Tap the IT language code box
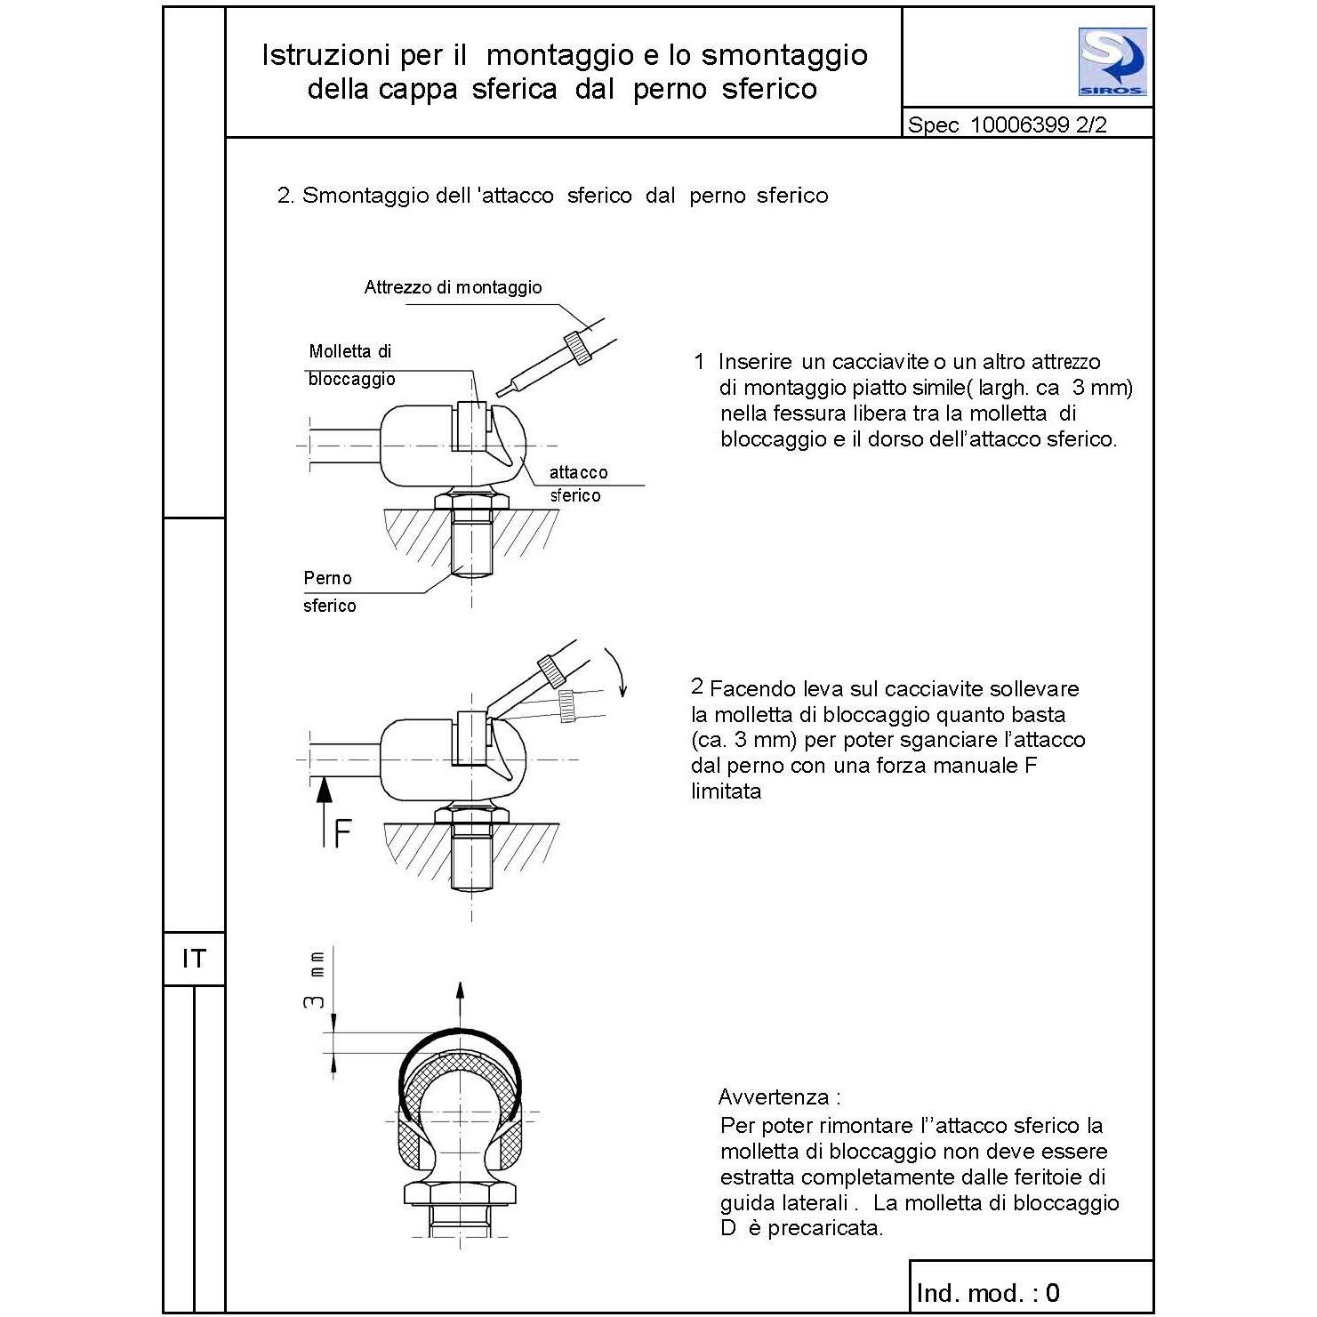pyautogui.click(x=193, y=959)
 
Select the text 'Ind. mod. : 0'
pyautogui.click(x=987, y=1292)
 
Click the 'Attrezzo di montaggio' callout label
pyautogui.click(x=453, y=287)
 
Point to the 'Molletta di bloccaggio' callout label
pyautogui.click(x=351, y=365)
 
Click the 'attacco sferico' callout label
pyautogui.click(x=577, y=484)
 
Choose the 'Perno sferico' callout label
pyautogui.click(x=329, y=591)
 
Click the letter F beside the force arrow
pyautogui.click(x=341, y=833)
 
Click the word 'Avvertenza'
pyautogui.click(x=774, y=1096)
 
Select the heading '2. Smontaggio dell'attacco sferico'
pyautogui.click(x=551, y=196)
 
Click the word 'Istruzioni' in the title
pyautogui.click(x=325, y=55)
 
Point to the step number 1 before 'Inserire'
pyautogui.click(x=699, y=362)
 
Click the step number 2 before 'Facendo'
pyautogui.click(x=697, y=687)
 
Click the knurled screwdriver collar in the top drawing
pyautogui.click(x=580, y=347)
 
